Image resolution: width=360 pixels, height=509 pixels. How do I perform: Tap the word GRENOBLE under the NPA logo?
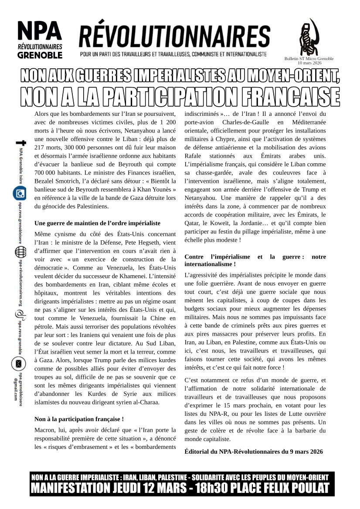click(40, 55)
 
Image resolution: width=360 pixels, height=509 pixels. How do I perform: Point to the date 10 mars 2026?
click(309, 63)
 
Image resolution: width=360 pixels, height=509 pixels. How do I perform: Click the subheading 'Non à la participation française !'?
click(79, 419)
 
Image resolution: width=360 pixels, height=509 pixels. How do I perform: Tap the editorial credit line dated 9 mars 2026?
click(254, 452)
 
